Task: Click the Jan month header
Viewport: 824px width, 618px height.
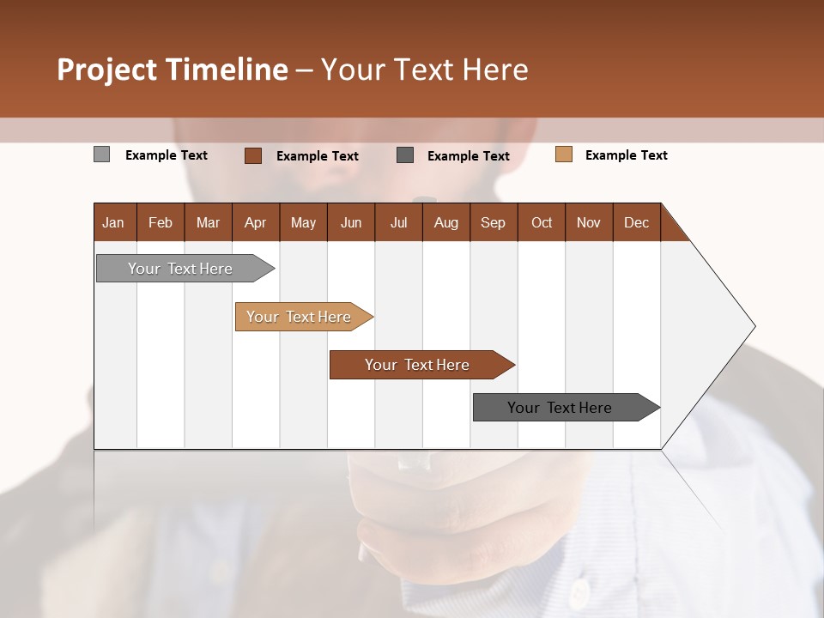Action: click(x=113, y=222)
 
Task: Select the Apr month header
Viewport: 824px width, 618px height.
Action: click(x=255, y=222)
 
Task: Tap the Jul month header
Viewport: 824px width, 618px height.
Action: click(x=398, y=222)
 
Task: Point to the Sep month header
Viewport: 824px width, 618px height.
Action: click(x=493, y=222)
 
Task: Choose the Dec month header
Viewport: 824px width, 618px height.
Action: click(x=636, y=222)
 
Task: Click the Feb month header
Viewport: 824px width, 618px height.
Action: click(x=161, y=222)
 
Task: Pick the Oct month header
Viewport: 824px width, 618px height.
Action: click(x=542, y=222)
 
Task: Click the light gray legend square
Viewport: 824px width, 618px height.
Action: click(x=101, y=154)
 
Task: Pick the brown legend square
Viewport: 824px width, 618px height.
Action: click(x=252, y=155)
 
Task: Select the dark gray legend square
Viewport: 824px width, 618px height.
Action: click(x=405, y=155)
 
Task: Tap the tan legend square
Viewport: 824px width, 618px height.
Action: click(x=563, y=154)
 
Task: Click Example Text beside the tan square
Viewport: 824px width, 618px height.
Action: click(x=626, y=154)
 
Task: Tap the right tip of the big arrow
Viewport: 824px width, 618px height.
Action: click(x=753, y=326)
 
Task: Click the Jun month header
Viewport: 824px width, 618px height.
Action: click(x=351, y=222)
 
